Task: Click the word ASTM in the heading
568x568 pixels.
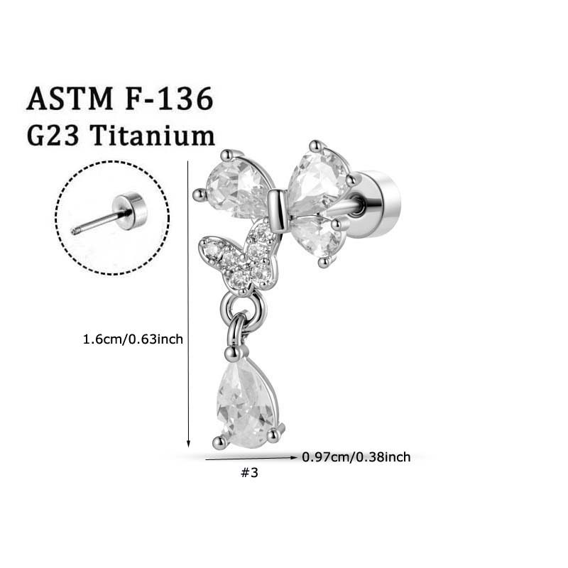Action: (x=70, y=99)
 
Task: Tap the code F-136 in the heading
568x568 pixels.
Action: (x=170, y=99)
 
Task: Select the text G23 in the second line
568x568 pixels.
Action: (x=53, y=135)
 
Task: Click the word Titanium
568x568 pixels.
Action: (x=153, y=135)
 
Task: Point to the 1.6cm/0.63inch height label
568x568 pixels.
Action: (x=133, y=339)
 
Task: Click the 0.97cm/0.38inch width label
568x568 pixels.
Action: (x=356, y=457)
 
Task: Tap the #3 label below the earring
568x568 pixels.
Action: (x=250, y=473)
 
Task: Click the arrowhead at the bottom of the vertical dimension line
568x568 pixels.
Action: (x=188, y=443)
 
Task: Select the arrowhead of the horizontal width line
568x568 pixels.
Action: (x=293, y=457)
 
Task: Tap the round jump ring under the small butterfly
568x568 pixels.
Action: (x=240, y=308)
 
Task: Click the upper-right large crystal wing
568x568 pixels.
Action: (x=318, y=180)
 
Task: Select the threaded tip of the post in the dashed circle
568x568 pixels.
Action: (x=75, y=231)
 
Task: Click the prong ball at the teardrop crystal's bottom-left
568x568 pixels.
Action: (x=219, y=442)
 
